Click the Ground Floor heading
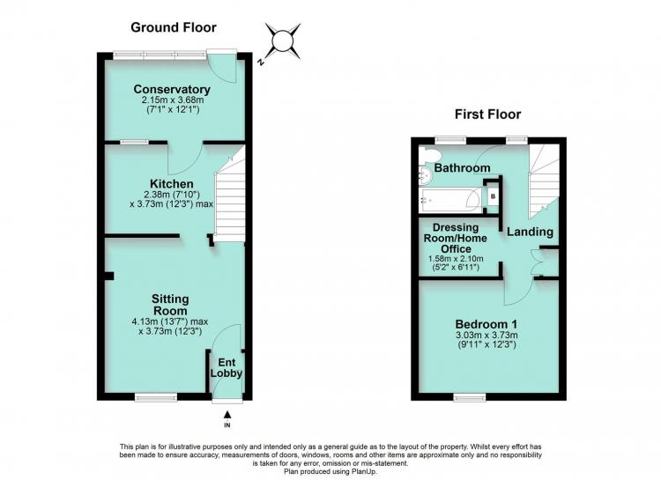[174, 27]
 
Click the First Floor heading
[487, 114]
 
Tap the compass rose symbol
[282, 41]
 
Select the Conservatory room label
[172, 89]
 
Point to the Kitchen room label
[172, 184]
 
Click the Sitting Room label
[170, 305]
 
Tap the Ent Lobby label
[227, 368]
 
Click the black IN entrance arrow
[227, 415]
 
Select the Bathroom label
[462, 167]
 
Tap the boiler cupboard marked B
[493, 196]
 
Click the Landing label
[530, 232]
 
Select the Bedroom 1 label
[486, 324]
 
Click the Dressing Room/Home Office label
[456, 238]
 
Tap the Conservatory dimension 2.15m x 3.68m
[173, 100]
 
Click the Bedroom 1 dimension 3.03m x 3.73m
[486, 336]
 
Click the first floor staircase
[544, 179]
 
